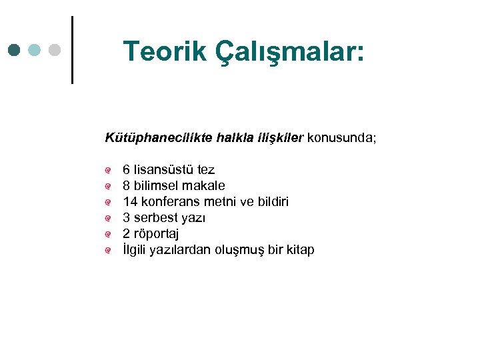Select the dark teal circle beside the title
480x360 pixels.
pos(15,50)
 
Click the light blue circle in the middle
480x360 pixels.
pos(35,50)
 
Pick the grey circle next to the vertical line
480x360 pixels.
pos(55,50)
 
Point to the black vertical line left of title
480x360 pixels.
pos(71,50)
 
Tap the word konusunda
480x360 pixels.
pos(341,138)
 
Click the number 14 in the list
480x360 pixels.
pos(130,201)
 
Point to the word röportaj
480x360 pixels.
pos(156,234)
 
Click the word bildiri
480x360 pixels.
pos(269,201)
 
